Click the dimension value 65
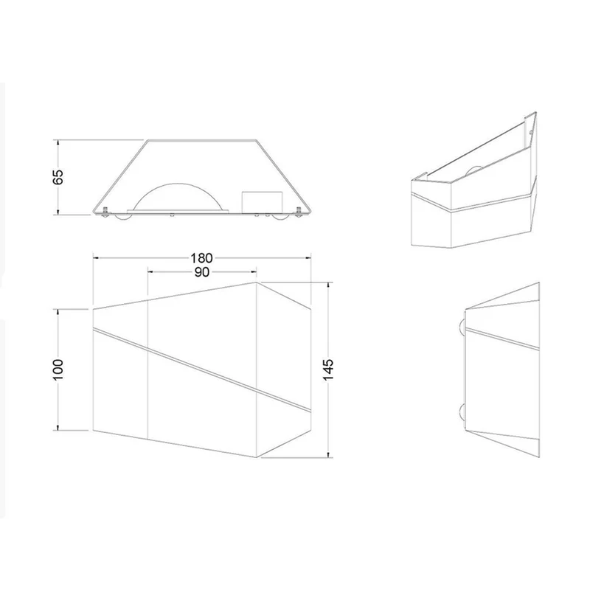58,177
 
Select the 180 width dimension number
201,258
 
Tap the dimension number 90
201,272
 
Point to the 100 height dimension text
58,369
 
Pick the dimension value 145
328,369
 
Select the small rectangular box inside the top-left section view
262,203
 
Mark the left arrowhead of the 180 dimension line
96,257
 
